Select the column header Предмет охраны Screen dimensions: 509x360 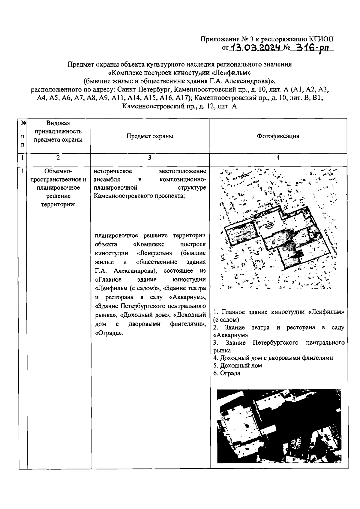coord(149,136)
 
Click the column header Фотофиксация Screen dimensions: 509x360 coord(278,136)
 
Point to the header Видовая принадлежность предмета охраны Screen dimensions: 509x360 coord(58,131)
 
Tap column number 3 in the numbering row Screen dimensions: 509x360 coord(149,158)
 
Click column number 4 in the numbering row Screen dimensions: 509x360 coord(278,158)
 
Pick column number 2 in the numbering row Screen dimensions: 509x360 coord(58,158)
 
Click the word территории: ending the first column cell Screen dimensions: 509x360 coord(58,204)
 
